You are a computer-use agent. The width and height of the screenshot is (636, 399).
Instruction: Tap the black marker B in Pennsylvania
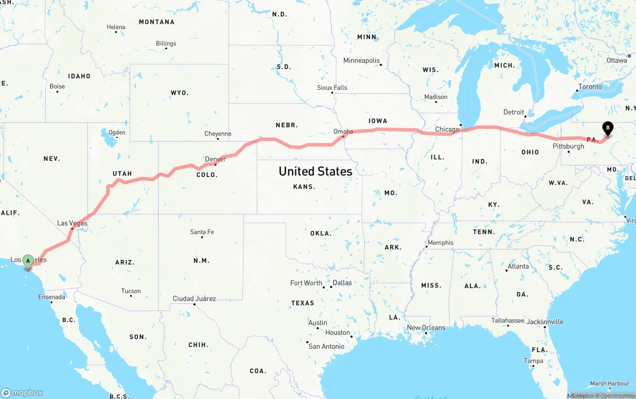tap(607, 129)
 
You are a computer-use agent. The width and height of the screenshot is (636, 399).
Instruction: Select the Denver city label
tap(215, 159)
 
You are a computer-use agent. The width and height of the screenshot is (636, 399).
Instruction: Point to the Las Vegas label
tap(72, 223)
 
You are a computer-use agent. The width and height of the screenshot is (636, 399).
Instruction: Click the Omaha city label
tap(343, 132)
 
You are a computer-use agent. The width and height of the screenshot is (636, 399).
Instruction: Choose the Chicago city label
tap(447, 130)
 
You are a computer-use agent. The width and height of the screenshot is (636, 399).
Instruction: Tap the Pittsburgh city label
tap(568, 146)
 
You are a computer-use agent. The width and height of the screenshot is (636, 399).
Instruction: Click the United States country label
tap(316, 171)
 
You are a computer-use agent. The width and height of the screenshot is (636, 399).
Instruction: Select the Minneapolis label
tap(361, 61)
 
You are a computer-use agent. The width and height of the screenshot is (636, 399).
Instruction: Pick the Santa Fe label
tap(202, 232)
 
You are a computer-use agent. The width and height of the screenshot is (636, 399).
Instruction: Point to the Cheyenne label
tap(218, 134)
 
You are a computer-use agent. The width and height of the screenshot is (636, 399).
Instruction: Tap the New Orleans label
tap(426, 327)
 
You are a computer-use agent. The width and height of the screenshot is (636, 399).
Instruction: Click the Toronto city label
tap(590, 86)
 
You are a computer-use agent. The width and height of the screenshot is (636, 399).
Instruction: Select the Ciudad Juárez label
tap(194, 299)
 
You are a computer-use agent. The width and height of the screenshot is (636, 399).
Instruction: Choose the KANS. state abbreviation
tap(304, 187)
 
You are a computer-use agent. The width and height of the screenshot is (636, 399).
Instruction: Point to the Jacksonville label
tap(545, 322)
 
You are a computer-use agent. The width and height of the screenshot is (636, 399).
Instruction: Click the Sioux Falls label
tap(332, 87)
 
